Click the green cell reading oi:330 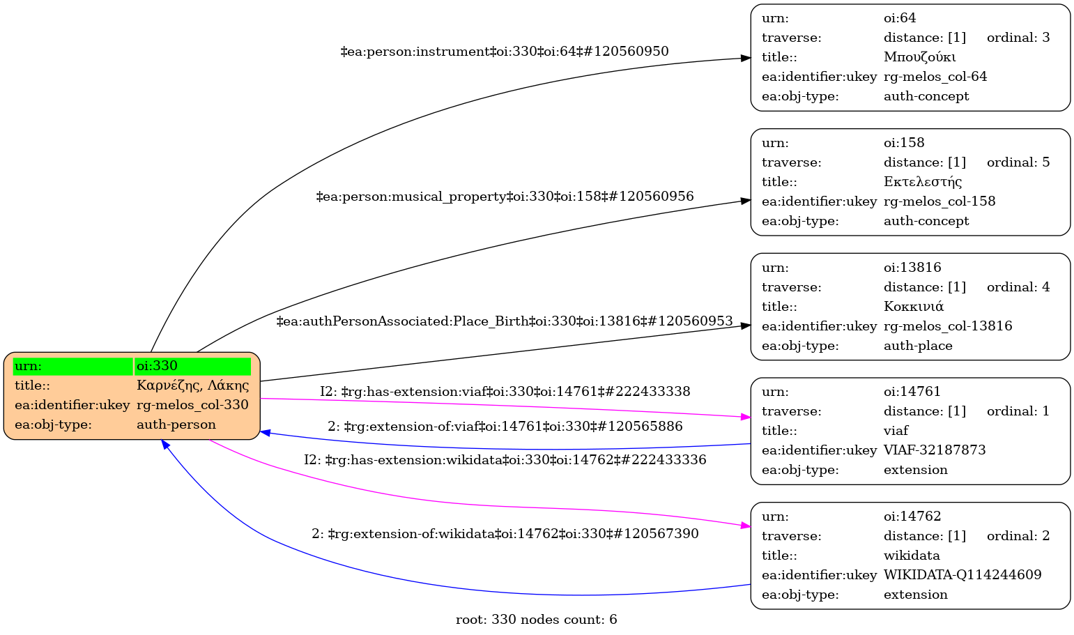coord(192,366)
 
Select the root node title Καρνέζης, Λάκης coord(192,385)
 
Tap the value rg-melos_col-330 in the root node coord(192,405)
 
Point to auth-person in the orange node coord(176,424)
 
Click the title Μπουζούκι coord(919,57)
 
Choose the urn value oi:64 coord(900,18)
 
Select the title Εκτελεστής coord(923,182)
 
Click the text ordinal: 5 coord(1018,162)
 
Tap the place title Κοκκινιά coord(914,307)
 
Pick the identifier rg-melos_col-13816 coord(948,326)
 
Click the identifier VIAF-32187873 coord(935,450)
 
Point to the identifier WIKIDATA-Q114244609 coord(962,575)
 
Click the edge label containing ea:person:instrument coord(505,52)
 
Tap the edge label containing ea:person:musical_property coord(505,197)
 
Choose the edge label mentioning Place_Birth coord(505,321)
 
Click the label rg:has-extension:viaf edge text coord(505,392)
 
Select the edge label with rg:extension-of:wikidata coord(505,534)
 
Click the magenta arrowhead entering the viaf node coord(745,417)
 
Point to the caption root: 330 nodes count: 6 coord(536,620)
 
